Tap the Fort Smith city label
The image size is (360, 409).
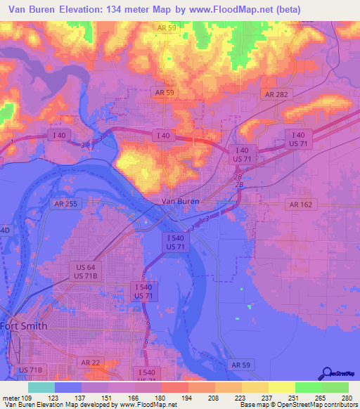click(24, 325)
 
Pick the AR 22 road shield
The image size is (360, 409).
click(91, 362)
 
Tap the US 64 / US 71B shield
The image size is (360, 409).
click(86, 272)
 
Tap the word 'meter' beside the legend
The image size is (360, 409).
click(11, 398)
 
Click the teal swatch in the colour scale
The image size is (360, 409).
click(41, 387)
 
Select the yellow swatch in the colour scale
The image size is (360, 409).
click(281, 387)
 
